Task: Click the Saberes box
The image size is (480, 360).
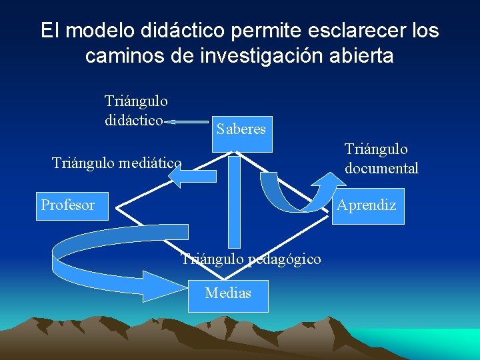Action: [241, 129]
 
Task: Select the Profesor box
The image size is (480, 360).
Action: [69, 205]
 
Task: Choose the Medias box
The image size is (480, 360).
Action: [228, 293]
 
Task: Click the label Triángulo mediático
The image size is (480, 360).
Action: [117, 162]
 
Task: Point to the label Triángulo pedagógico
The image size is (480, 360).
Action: [251, 259]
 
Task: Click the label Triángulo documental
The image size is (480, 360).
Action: [381, 159]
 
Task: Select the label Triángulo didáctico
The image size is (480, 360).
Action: [136, 111]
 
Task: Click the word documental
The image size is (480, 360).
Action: [381, 168]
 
